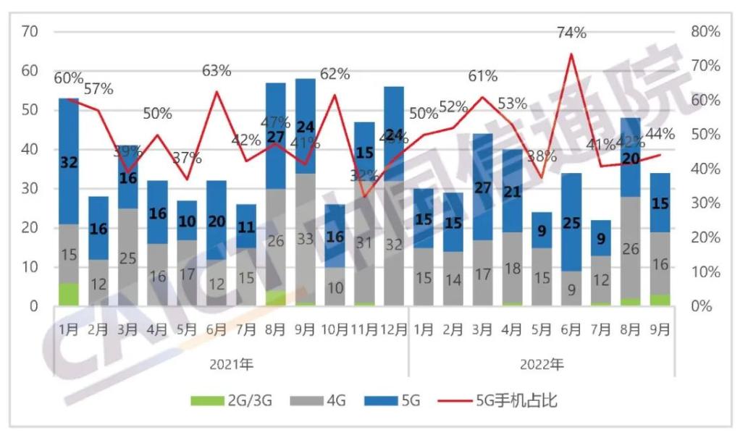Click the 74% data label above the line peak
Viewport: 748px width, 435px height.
tap(571, 33)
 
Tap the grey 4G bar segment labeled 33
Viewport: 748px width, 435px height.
tap(305, 239)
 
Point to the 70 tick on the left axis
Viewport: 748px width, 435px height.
tap(30, 32)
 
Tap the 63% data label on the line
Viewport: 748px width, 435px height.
tap(217, 71)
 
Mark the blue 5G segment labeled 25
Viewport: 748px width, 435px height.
tap(571, 222)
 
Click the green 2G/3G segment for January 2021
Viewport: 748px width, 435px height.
tap(69, 295)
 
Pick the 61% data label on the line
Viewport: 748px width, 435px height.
tap(482, 76)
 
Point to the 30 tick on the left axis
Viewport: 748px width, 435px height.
tap(30, 189)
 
